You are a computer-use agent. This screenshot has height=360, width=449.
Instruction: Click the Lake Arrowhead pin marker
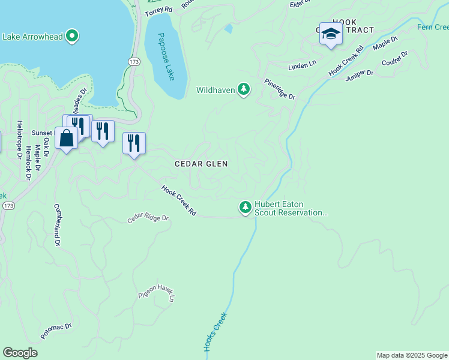(x=72, y=36)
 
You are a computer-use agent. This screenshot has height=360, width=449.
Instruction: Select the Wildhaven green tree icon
(x=244, y=90)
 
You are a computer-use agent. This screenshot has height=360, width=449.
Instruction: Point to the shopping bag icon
(x=65, y=137)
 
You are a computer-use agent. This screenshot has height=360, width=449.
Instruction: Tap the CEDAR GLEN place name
(x=201, y=164)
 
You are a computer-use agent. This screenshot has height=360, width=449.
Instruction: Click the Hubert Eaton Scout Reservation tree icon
(x=245, y=208)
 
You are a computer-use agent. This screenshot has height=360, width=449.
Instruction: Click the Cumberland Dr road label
(x=58, y=224)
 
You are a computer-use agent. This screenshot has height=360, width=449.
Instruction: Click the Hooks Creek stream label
(x=215, y=332)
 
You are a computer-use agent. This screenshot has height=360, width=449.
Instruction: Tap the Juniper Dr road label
(x=360, y=74)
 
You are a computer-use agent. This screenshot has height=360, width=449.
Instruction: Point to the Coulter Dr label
(x=395, y=59)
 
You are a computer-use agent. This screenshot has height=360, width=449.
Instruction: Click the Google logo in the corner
(x=20, y=353)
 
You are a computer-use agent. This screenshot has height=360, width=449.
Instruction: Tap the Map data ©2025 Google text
(x=411, y=355)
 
